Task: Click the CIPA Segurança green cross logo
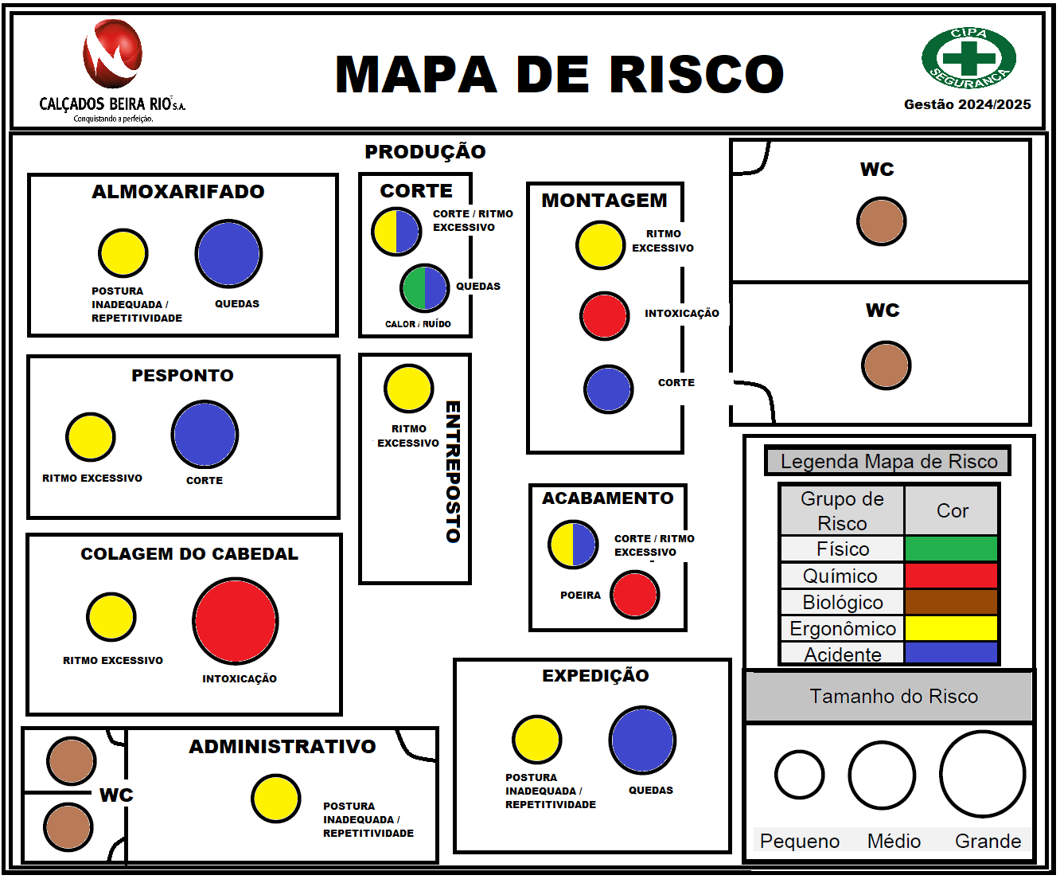coord(968,58)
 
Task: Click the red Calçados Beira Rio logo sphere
coord(113,54)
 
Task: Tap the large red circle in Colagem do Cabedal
coord(236,621)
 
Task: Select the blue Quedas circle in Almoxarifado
coord(228,254)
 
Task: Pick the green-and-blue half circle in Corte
coord(425,288)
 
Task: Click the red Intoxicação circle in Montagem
coord(605,315)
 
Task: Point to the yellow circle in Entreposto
coord(409,389)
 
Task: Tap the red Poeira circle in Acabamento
coord(635,595)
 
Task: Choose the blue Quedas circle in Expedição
coord(642,740)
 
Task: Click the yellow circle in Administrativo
coord(276,799)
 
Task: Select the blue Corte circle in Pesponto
coord(205,435)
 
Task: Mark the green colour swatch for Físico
coord(951,549)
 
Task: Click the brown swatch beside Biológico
coord(951,602)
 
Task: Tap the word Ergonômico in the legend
coord(843,629)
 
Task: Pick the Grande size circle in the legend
coord(982,774)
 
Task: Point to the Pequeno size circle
coord(800,775)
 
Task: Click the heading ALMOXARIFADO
coord(178,192)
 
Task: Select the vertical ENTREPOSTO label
coord(453,471)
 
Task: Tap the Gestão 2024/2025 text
coord(967,104)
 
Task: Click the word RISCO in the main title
coord(697,75)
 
